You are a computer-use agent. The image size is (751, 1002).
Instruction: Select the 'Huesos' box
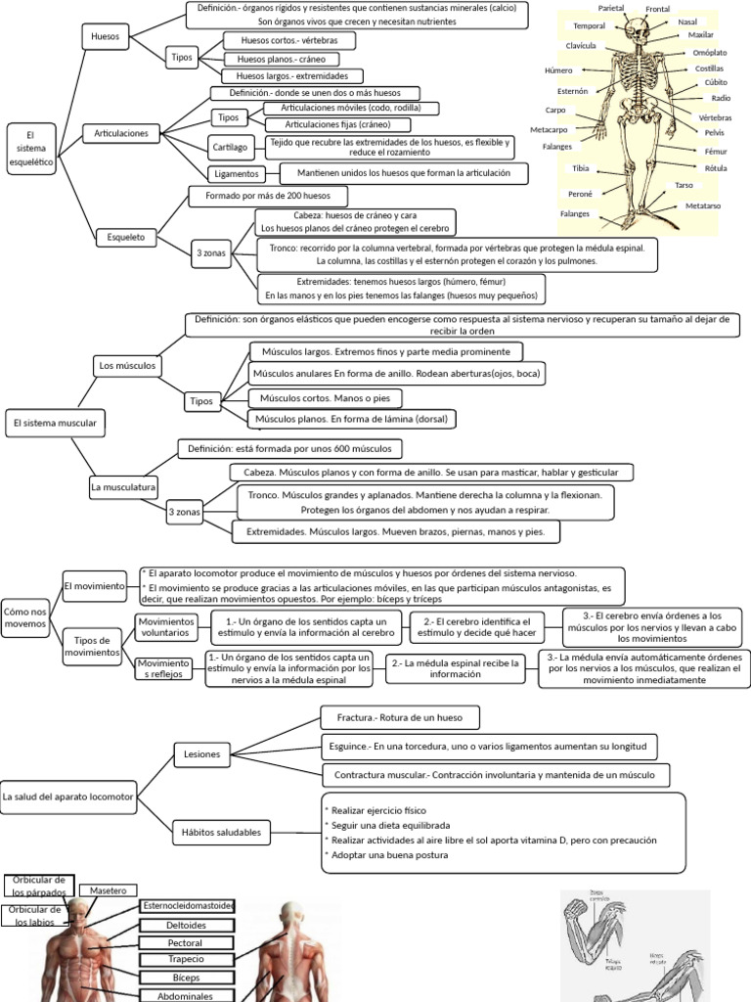tap(106, 36)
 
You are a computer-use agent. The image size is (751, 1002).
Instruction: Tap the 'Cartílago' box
tap(235, 148)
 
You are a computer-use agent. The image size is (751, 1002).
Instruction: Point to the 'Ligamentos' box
tap(235, 173)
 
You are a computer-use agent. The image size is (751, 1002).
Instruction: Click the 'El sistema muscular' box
tap(54, 423)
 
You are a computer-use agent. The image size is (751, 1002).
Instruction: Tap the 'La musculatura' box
tap(123, 485)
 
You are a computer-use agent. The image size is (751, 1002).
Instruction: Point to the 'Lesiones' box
tap(202, 754)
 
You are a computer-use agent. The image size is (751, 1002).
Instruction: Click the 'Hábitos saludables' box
tap(221, 832)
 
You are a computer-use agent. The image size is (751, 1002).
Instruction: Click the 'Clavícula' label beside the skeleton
tap(581, 46)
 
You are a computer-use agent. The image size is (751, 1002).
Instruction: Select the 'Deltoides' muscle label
tap(187, 925)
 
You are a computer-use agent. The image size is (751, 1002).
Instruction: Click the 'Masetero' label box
tap(109, 890)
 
